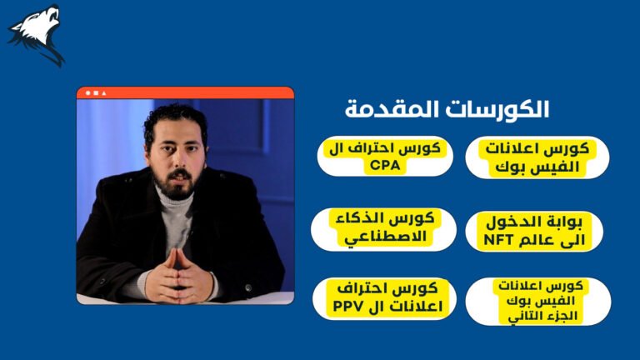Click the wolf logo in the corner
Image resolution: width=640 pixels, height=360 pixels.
pyautogui.click(x=37, y=34)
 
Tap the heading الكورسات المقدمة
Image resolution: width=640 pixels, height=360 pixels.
pyautogui.click(x=447, y=109)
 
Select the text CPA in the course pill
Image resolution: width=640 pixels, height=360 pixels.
pyautogui.click(x=385, y=165)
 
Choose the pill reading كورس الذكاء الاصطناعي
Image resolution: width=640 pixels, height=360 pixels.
pyautogui.click(x=383, y=229)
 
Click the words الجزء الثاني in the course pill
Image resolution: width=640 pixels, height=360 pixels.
pyautogui.click(x=542, y=316)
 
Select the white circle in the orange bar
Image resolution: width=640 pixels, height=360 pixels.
pyautogui.click(x=87, y=93)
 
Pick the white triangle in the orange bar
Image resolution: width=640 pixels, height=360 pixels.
pyautogui.click(x=104, y=93)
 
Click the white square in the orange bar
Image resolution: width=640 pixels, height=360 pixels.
pyautogui.click(x=96, y=93)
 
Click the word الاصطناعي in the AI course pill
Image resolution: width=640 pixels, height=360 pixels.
pyautogui.click(x=385, y=237)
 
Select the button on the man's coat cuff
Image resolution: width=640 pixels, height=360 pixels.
pyautogui.click(x=247, y=287)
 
